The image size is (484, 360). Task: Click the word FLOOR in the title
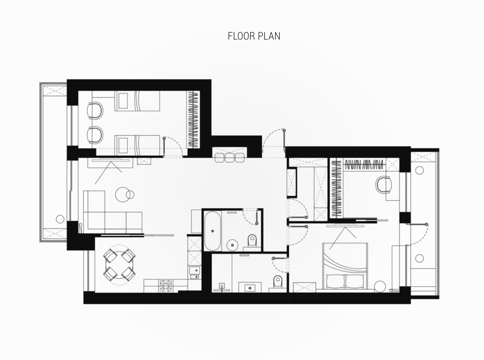(241, 36)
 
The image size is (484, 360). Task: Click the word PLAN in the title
(269, 36)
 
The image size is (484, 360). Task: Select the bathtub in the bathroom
(212, 231)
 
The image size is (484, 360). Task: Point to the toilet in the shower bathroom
(277, 282)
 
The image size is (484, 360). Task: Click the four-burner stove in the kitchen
(166, 286)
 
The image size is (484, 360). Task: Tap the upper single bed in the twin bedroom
(137, 101)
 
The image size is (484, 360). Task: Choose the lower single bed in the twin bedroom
(137, 145)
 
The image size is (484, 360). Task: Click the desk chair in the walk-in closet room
(384, 184)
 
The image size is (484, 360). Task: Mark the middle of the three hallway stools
(229, 158)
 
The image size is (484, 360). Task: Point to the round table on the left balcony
(60, 219)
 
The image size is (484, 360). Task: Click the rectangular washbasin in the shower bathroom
(250, 288)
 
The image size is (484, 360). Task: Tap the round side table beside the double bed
(380, 287)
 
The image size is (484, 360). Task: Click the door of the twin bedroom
(173, 147)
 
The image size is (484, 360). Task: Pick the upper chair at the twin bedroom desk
(95, 110)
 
